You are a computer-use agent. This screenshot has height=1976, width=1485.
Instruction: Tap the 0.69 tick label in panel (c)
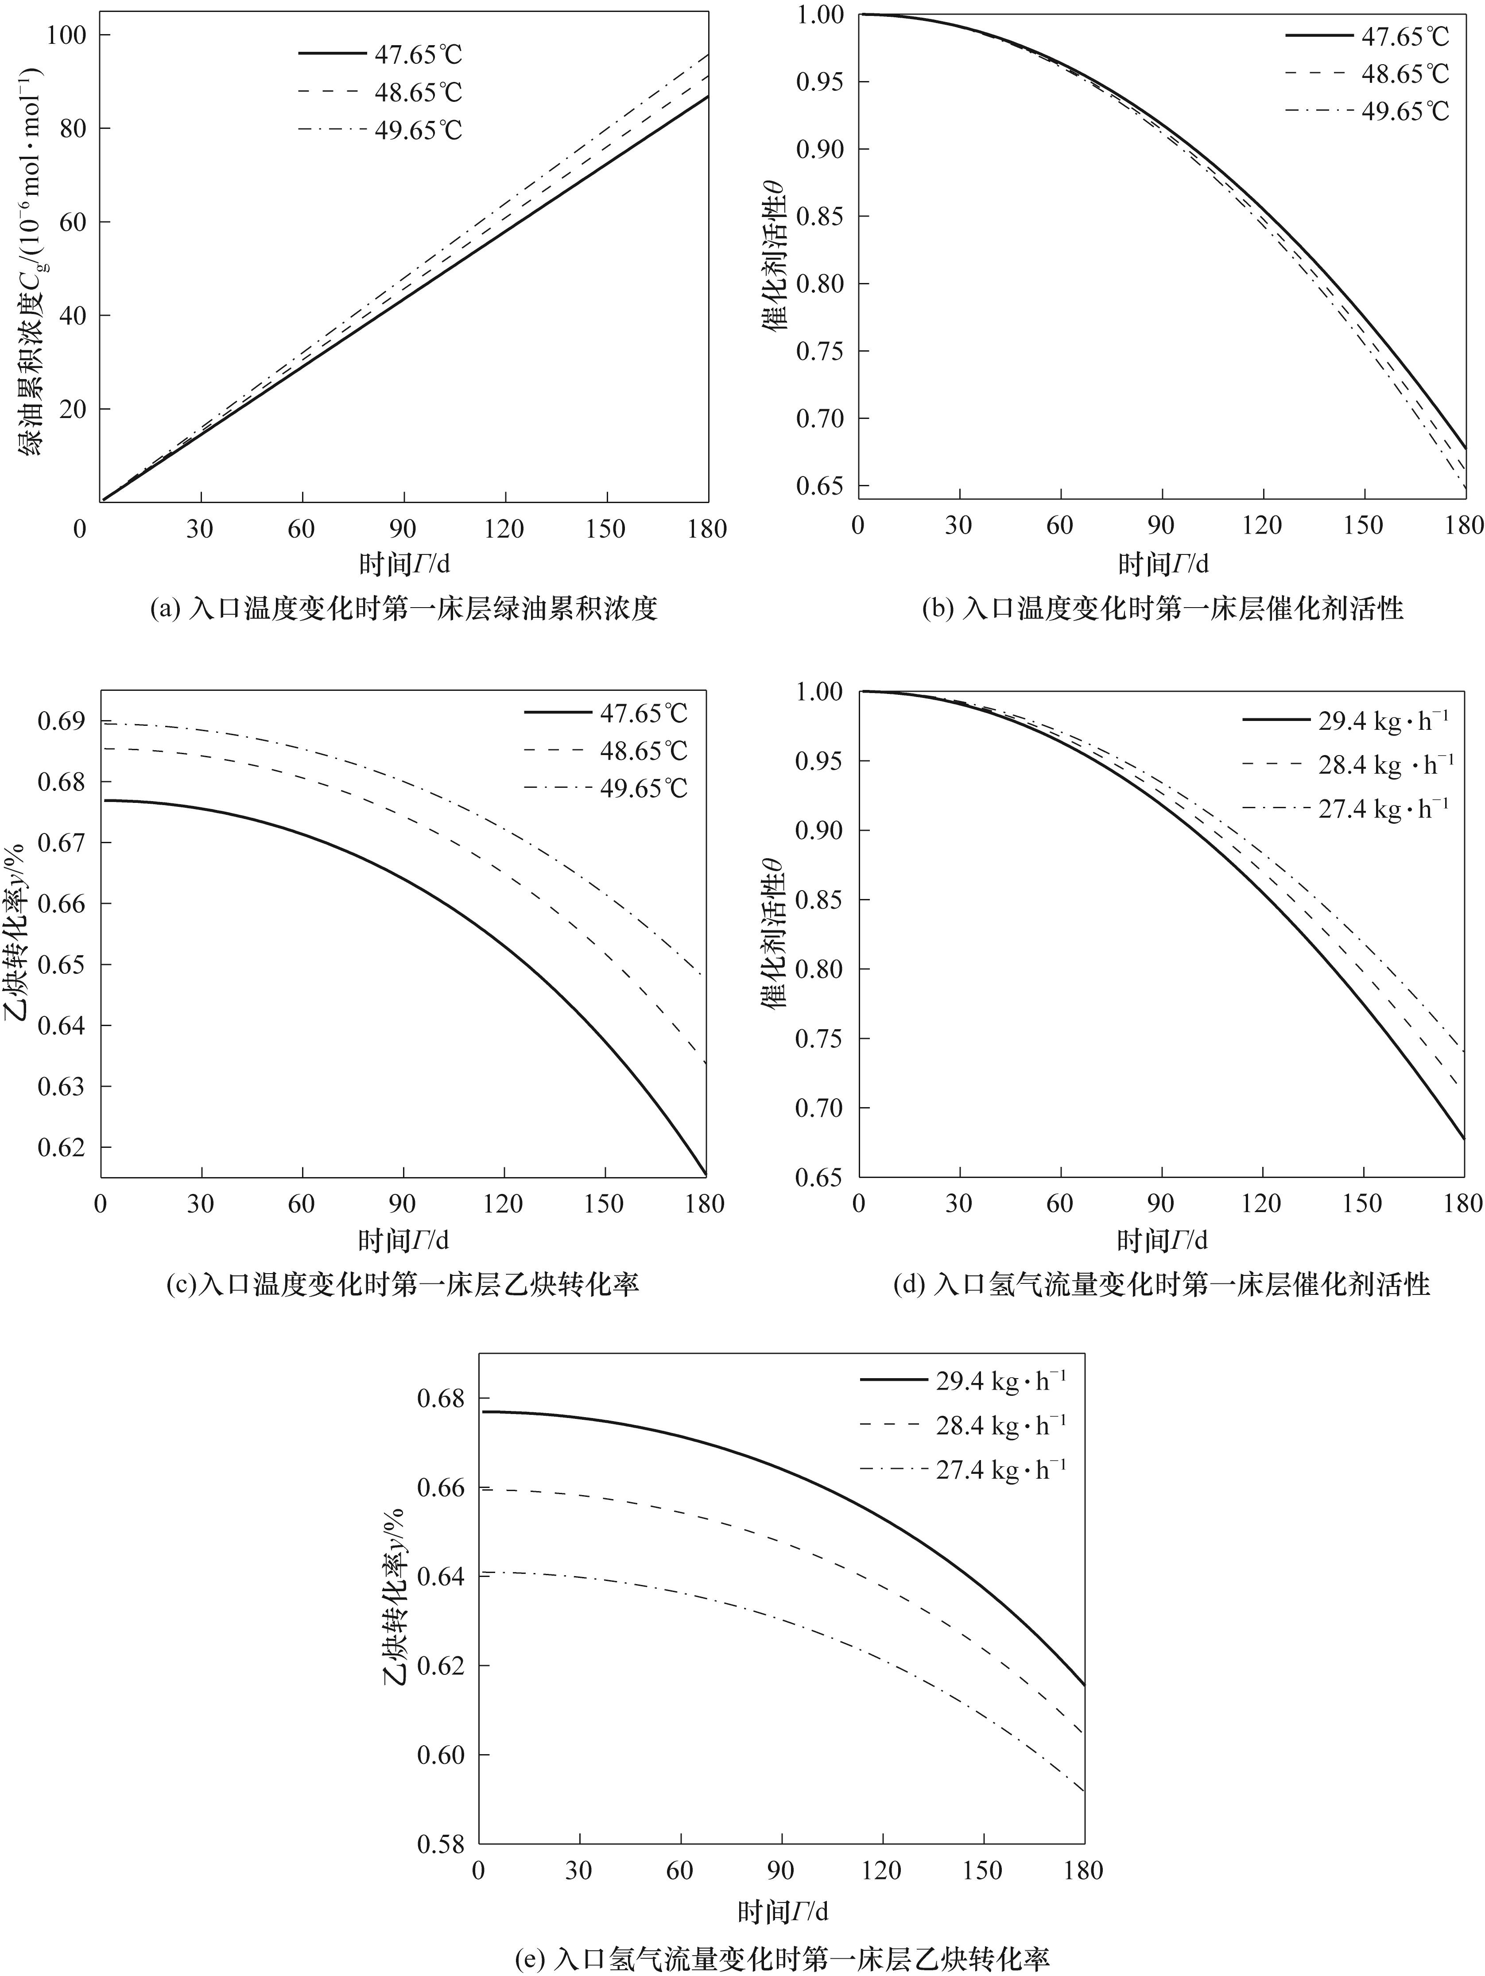click(61, 722)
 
